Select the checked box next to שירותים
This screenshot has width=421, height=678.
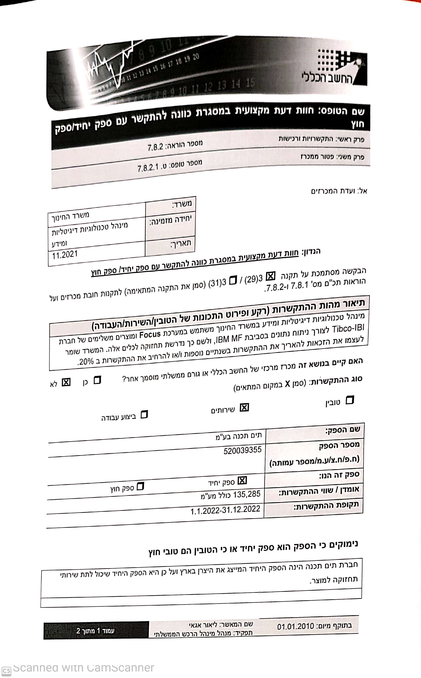click(x=244, y=408)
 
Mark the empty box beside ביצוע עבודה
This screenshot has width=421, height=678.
click(x=144, y=415)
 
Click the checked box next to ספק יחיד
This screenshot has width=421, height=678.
click(x=242, y=480)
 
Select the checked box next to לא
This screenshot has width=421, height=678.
click(x=66, y=382)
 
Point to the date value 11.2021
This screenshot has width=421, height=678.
click(x=65, y=254)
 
